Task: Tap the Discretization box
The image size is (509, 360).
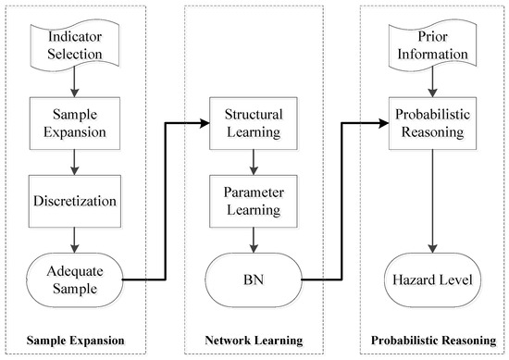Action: point(77,199)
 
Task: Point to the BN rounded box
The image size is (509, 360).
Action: point(253,277)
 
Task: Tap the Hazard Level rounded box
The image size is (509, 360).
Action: point(428,277)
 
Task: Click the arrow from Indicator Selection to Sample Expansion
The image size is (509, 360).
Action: point(77,81)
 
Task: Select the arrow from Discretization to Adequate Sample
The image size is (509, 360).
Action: point(77,238)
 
